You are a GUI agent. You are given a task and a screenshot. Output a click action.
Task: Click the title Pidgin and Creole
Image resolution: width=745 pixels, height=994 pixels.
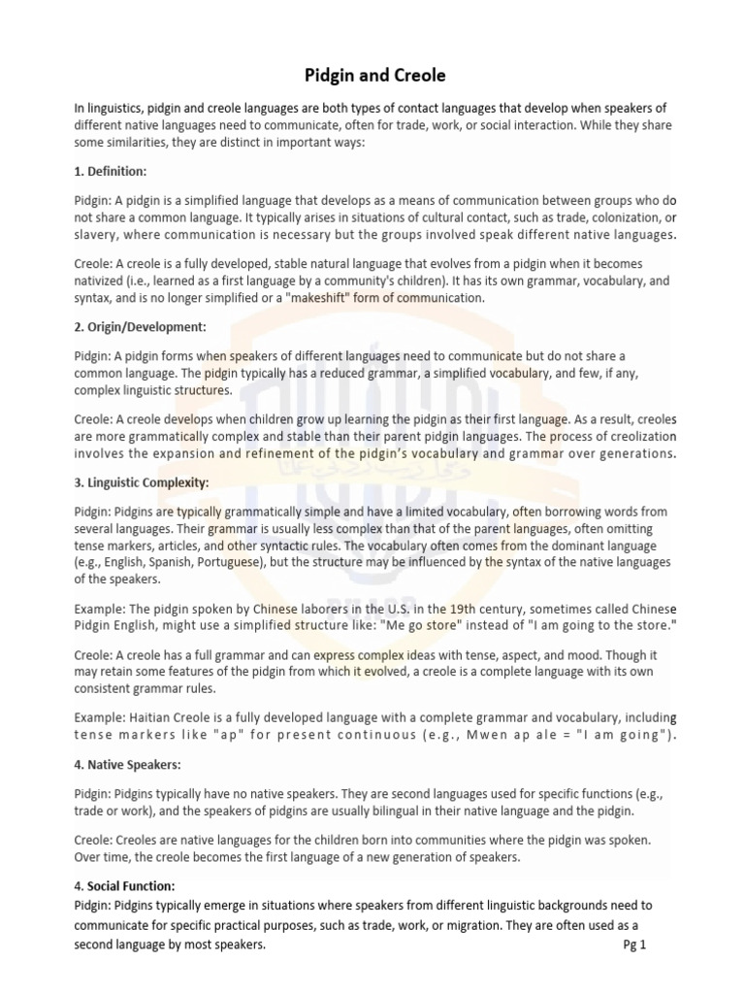pyautogui.click(x=372, y=75)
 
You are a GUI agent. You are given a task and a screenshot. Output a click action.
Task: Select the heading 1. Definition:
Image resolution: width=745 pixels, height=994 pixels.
pyautogui.click(x=111, y=171)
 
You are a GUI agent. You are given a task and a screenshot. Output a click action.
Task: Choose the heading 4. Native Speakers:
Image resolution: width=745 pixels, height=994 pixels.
pyautogui.click(x=127, y=765)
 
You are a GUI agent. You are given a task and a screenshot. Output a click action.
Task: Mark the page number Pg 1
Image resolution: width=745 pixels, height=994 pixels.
pyautogui.click(x=633, y=945)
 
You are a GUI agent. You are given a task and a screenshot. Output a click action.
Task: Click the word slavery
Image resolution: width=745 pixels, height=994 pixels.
pyautogui.click(x=97, y=235)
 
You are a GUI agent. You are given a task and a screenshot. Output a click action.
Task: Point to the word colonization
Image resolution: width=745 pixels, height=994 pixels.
pyautogui.click(x=612, y=218)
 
